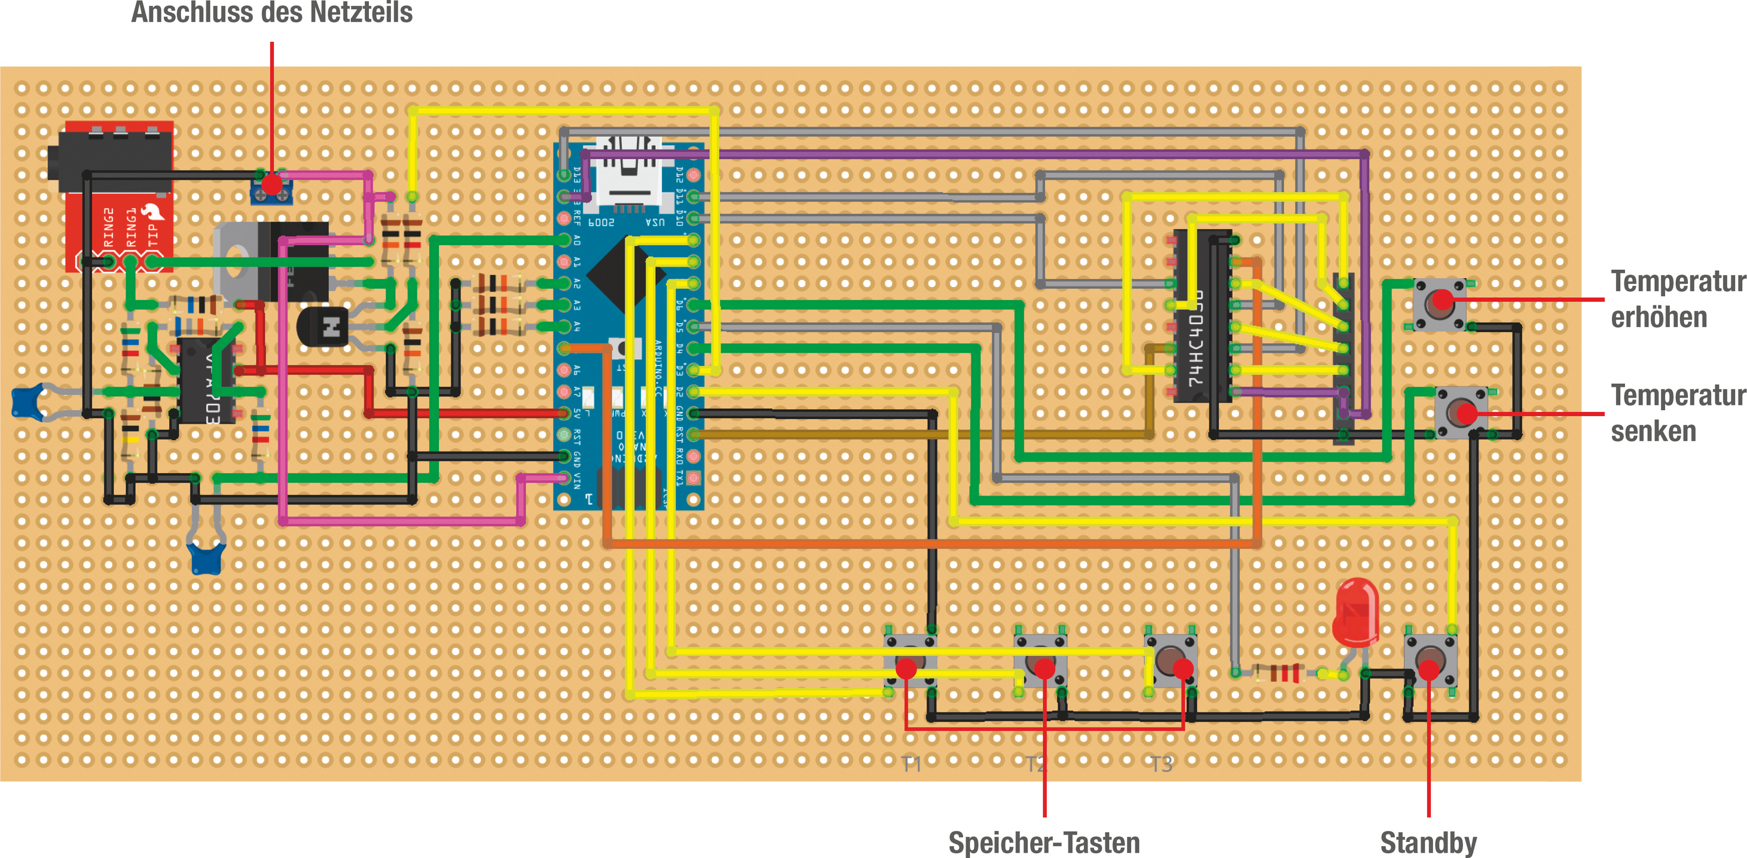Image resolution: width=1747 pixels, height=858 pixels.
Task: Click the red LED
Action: pos(1355,610)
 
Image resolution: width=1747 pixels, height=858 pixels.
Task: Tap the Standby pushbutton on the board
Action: pos(1430,661)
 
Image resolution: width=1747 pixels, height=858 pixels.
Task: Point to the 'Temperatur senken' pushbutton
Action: pos(1461,412)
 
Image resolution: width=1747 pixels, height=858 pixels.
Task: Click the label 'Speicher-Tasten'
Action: pos(1044,842)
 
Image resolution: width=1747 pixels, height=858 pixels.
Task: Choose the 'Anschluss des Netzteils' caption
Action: pos(271,12)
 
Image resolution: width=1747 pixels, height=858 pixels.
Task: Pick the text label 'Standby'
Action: pos(1428,842)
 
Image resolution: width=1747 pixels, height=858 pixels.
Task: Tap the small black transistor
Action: pos(323,327)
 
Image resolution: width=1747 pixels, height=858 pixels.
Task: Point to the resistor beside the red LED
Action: pos(1278,673)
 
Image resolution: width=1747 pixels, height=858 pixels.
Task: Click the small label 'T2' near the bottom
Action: pos(1035,764)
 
